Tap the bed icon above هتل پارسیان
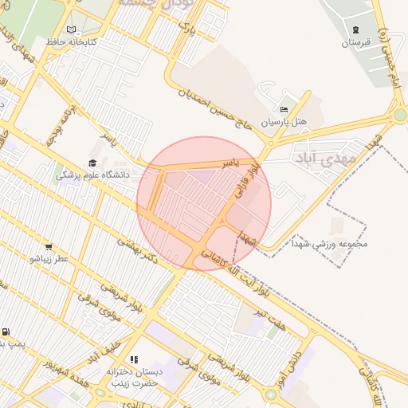[284, 110]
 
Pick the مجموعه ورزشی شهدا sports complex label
[327, 244]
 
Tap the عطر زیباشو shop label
[49, 258]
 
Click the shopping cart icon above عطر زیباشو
[49, 246]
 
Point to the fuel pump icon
[6, 331]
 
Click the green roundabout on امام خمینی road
[400, 115]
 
